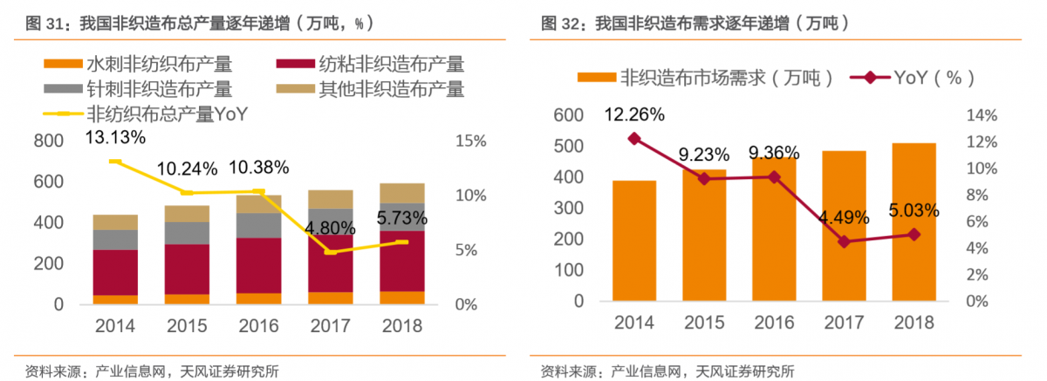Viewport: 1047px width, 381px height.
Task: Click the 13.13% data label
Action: (115, 136)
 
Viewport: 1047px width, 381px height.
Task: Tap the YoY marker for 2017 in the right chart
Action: (843, 241)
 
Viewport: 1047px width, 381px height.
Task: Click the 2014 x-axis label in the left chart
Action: (115, 327)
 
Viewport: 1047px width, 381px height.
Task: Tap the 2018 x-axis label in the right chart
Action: (913, 322)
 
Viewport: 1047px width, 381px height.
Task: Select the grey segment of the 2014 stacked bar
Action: (115, 239)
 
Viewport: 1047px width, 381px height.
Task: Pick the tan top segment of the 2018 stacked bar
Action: (401, 193)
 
